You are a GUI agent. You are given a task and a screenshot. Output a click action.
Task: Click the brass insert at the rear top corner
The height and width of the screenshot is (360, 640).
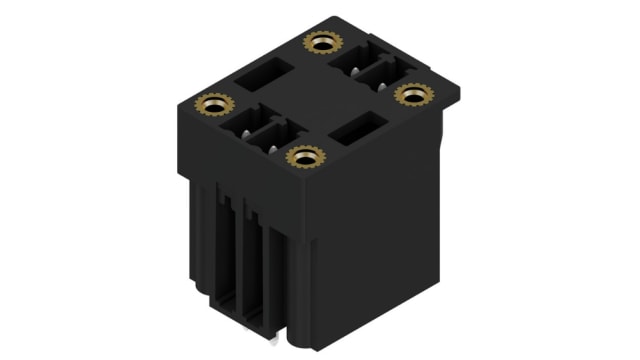tap(320, 43)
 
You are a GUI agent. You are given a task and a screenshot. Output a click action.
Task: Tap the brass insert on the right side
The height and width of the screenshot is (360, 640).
tap(411, 94)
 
